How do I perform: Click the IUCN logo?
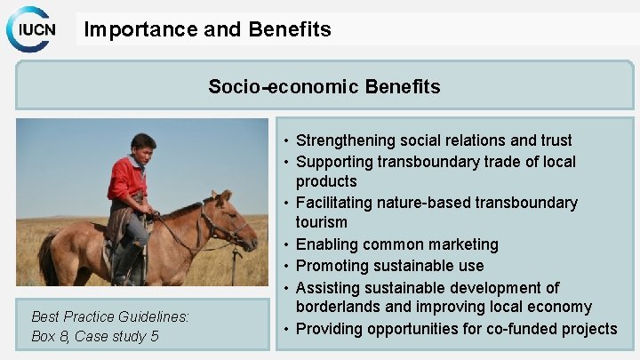click(34, 29)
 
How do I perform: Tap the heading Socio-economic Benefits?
click(324, 86)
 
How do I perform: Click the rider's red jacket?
click(127, 182)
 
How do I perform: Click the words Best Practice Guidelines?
click(110, 316)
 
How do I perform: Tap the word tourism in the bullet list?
click(322, 221)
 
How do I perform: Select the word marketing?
click(461, 244)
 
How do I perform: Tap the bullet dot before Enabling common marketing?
click(286, 244)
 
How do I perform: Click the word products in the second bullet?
click(326, 180)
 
